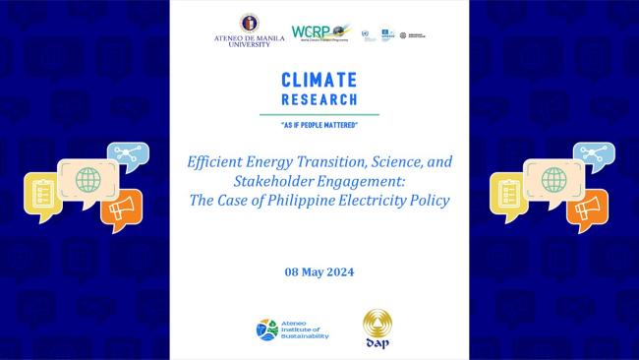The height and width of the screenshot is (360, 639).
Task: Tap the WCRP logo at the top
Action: (320, 33)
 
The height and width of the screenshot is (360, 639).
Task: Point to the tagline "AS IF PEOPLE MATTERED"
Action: (319, 124)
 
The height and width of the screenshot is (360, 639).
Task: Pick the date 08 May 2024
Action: (319, 271)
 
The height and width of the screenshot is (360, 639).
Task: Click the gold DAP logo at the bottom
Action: (378, 328)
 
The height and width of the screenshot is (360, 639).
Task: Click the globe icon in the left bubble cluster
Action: (87, 180)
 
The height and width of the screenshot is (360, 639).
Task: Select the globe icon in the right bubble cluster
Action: (553, 180)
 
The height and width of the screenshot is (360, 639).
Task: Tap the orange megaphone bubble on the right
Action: (587, 209)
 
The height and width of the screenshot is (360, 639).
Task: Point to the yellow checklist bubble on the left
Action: (42, 195)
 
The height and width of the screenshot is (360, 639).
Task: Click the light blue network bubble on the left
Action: (127, 154)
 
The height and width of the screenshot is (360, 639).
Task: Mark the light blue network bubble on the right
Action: (593, 154)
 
